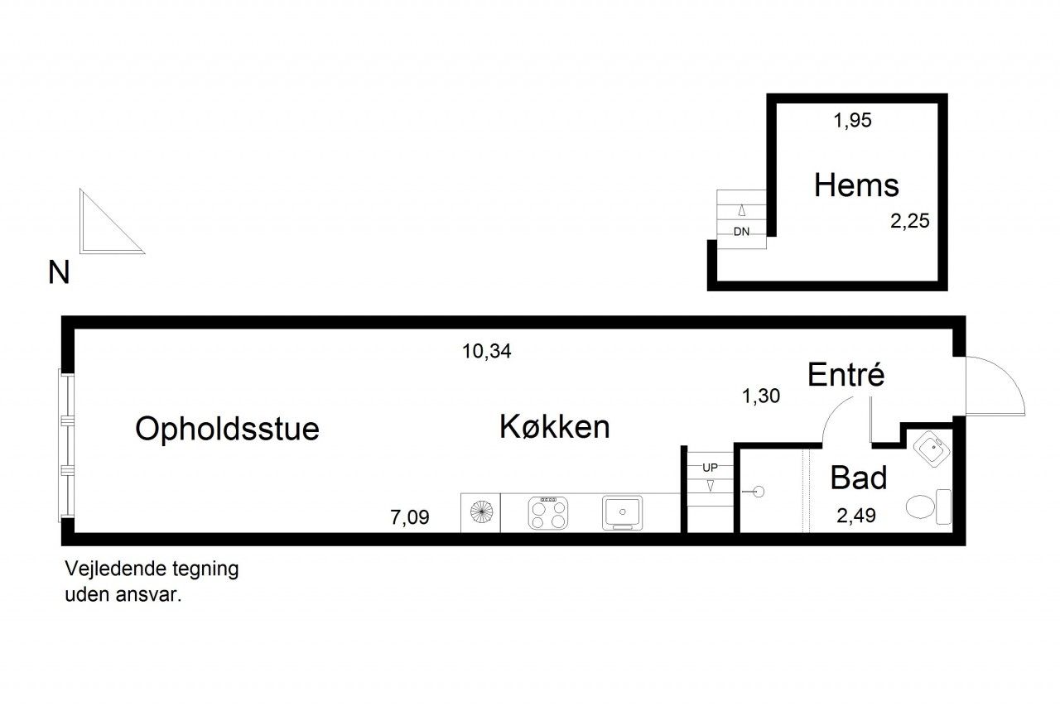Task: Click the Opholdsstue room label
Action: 227,430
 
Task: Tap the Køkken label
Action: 555,426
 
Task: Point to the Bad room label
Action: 859,478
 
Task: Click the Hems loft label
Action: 856,185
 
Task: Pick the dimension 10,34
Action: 486,352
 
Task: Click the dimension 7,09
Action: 410,517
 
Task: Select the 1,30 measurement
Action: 761,396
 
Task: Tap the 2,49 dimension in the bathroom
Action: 856,516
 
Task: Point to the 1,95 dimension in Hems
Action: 852,120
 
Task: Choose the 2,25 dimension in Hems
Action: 909,221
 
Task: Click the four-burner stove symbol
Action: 548,513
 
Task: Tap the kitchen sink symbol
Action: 622,512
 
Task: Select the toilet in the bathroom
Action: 928,507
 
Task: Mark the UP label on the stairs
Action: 710,468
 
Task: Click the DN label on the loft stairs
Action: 741,232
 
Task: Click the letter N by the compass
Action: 59,272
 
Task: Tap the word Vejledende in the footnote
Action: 115,569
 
